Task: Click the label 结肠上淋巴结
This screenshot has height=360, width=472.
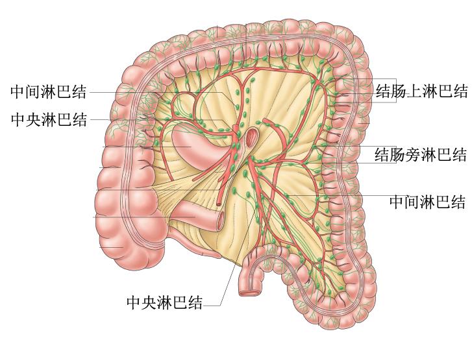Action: coord(421,91)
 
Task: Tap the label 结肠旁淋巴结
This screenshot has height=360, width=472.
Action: coord(421,154)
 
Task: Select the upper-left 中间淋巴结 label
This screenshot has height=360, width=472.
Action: coord(49,91)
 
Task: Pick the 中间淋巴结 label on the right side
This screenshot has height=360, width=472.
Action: coord(427,202)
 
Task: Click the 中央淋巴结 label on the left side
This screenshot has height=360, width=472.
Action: coord(49,119)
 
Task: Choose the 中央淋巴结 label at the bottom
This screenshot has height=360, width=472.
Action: coord(164,303)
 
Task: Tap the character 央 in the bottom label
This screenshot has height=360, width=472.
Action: coord(148,303)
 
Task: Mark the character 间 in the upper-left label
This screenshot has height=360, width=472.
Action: coord(33,91)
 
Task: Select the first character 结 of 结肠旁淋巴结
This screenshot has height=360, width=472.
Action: coord(383,154)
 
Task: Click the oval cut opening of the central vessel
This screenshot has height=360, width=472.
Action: coord(251,136)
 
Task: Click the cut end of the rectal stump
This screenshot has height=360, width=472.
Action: coord(248,293)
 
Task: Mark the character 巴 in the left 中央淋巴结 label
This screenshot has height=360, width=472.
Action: coord(64,119)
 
